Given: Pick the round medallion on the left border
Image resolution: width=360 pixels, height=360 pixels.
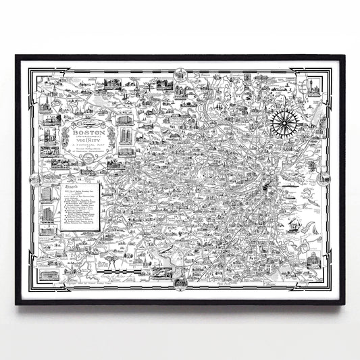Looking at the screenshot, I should pos(32,177).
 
